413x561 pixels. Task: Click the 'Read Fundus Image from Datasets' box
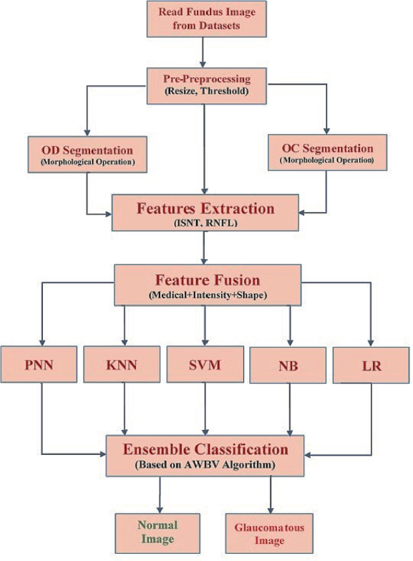tap(207, 19)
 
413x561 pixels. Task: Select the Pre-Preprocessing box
tap(207, 86)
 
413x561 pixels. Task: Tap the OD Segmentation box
tap(87, 155)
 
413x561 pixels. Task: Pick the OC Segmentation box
tap(328, 153)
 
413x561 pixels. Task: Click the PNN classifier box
tap(39, 364)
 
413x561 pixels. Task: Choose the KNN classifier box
tap(122, 364)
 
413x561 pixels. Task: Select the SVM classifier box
tap(205, 364)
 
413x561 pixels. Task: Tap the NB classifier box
tap(288, 365)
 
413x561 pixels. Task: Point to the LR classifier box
tap(371, 365)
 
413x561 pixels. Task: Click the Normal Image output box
tap(157, 533)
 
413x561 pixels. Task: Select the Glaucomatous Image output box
tap(269, 534)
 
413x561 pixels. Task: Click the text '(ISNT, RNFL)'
tap(205, 224)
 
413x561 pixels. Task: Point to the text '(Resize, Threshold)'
tap(207, 91)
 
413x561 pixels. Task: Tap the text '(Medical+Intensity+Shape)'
tap(208, 295)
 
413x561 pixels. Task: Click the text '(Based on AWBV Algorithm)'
tap(205, 465)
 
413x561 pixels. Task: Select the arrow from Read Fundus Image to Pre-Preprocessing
tap(203, 52)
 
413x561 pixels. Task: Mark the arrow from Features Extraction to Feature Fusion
tap(204, 248)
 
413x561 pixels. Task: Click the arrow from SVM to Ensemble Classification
tap(205, 409)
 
